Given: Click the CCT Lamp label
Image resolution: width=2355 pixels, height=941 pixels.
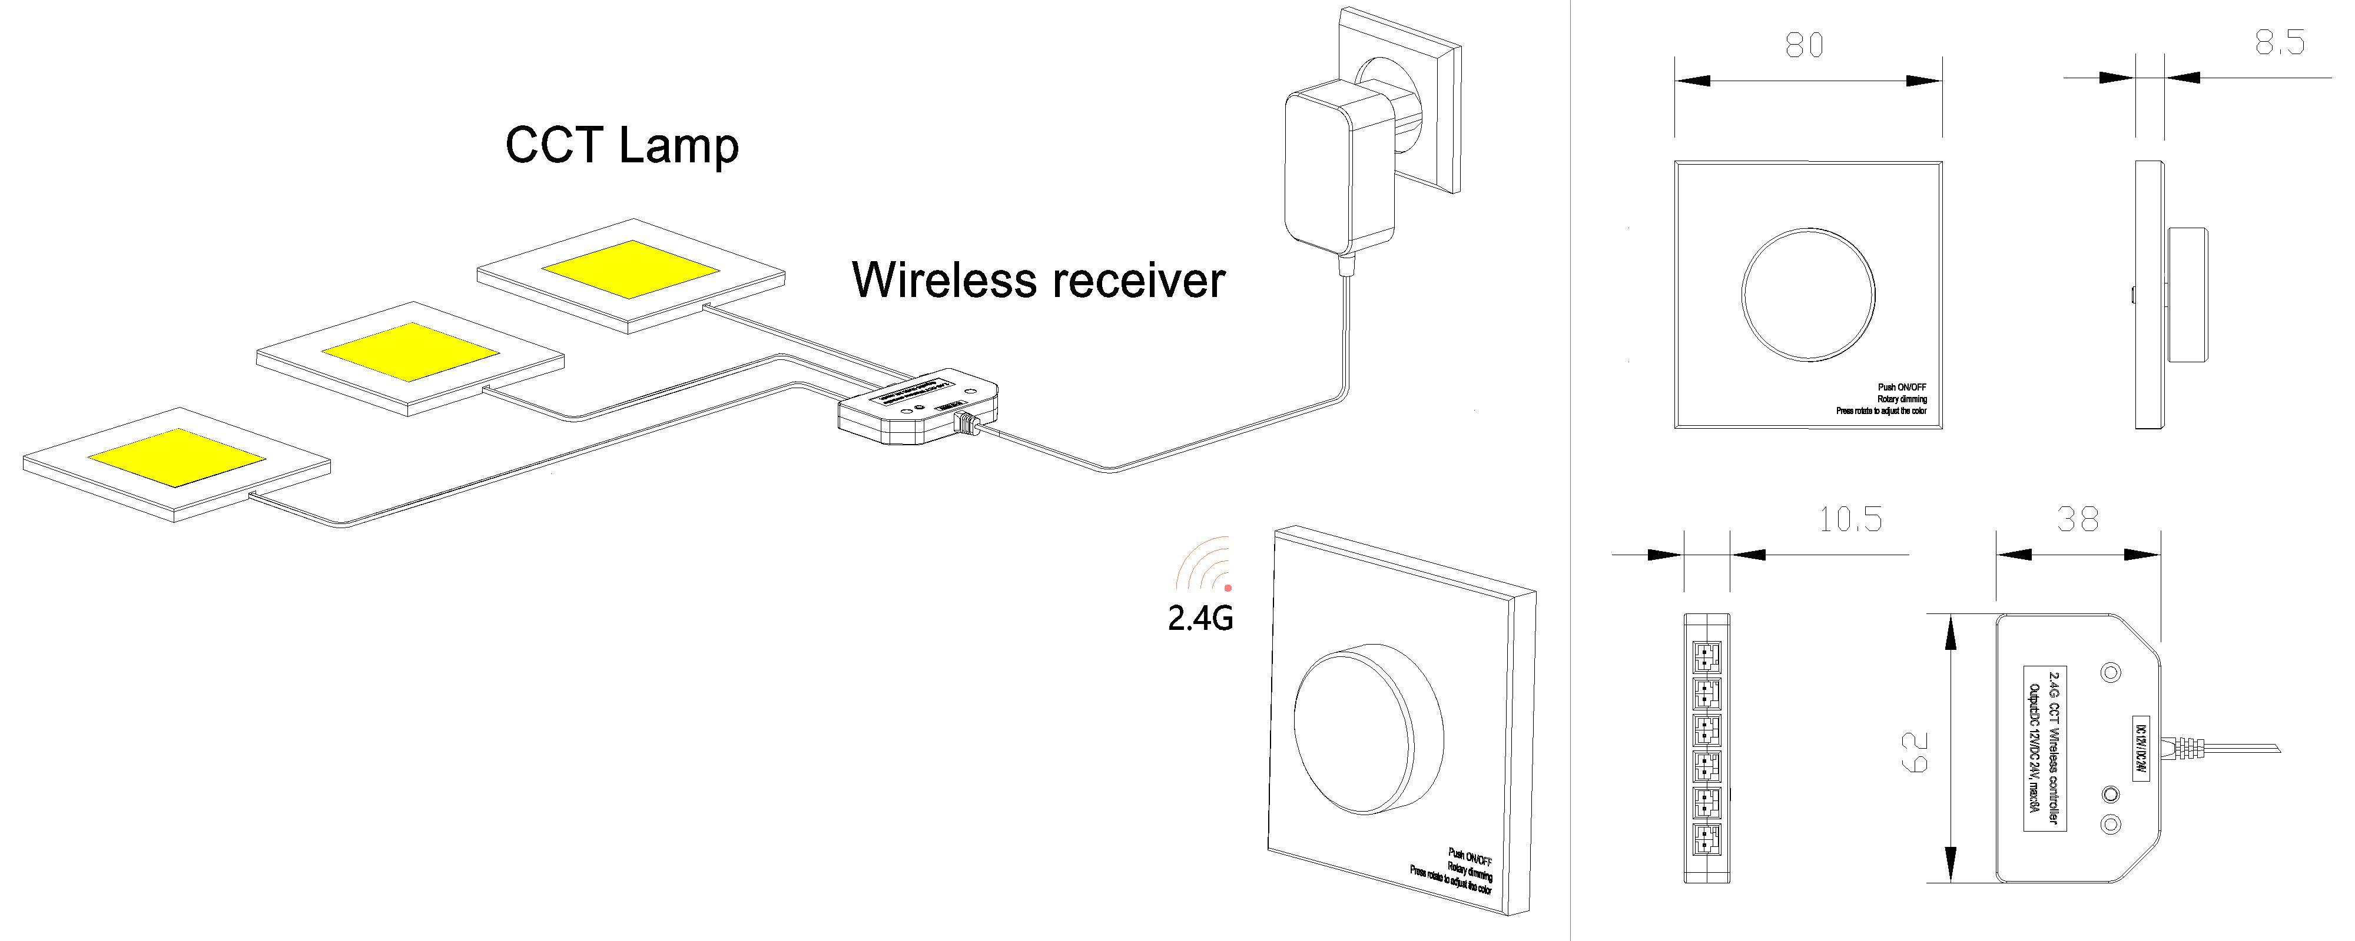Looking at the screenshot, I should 622,146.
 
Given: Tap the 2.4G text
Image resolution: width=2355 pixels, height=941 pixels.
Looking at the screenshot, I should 1200,619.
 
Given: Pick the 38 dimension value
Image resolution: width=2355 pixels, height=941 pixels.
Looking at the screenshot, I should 2077,520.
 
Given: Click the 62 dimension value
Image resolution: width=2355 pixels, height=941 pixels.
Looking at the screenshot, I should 1912,751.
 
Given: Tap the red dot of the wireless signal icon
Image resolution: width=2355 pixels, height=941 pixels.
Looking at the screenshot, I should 1228,588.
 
